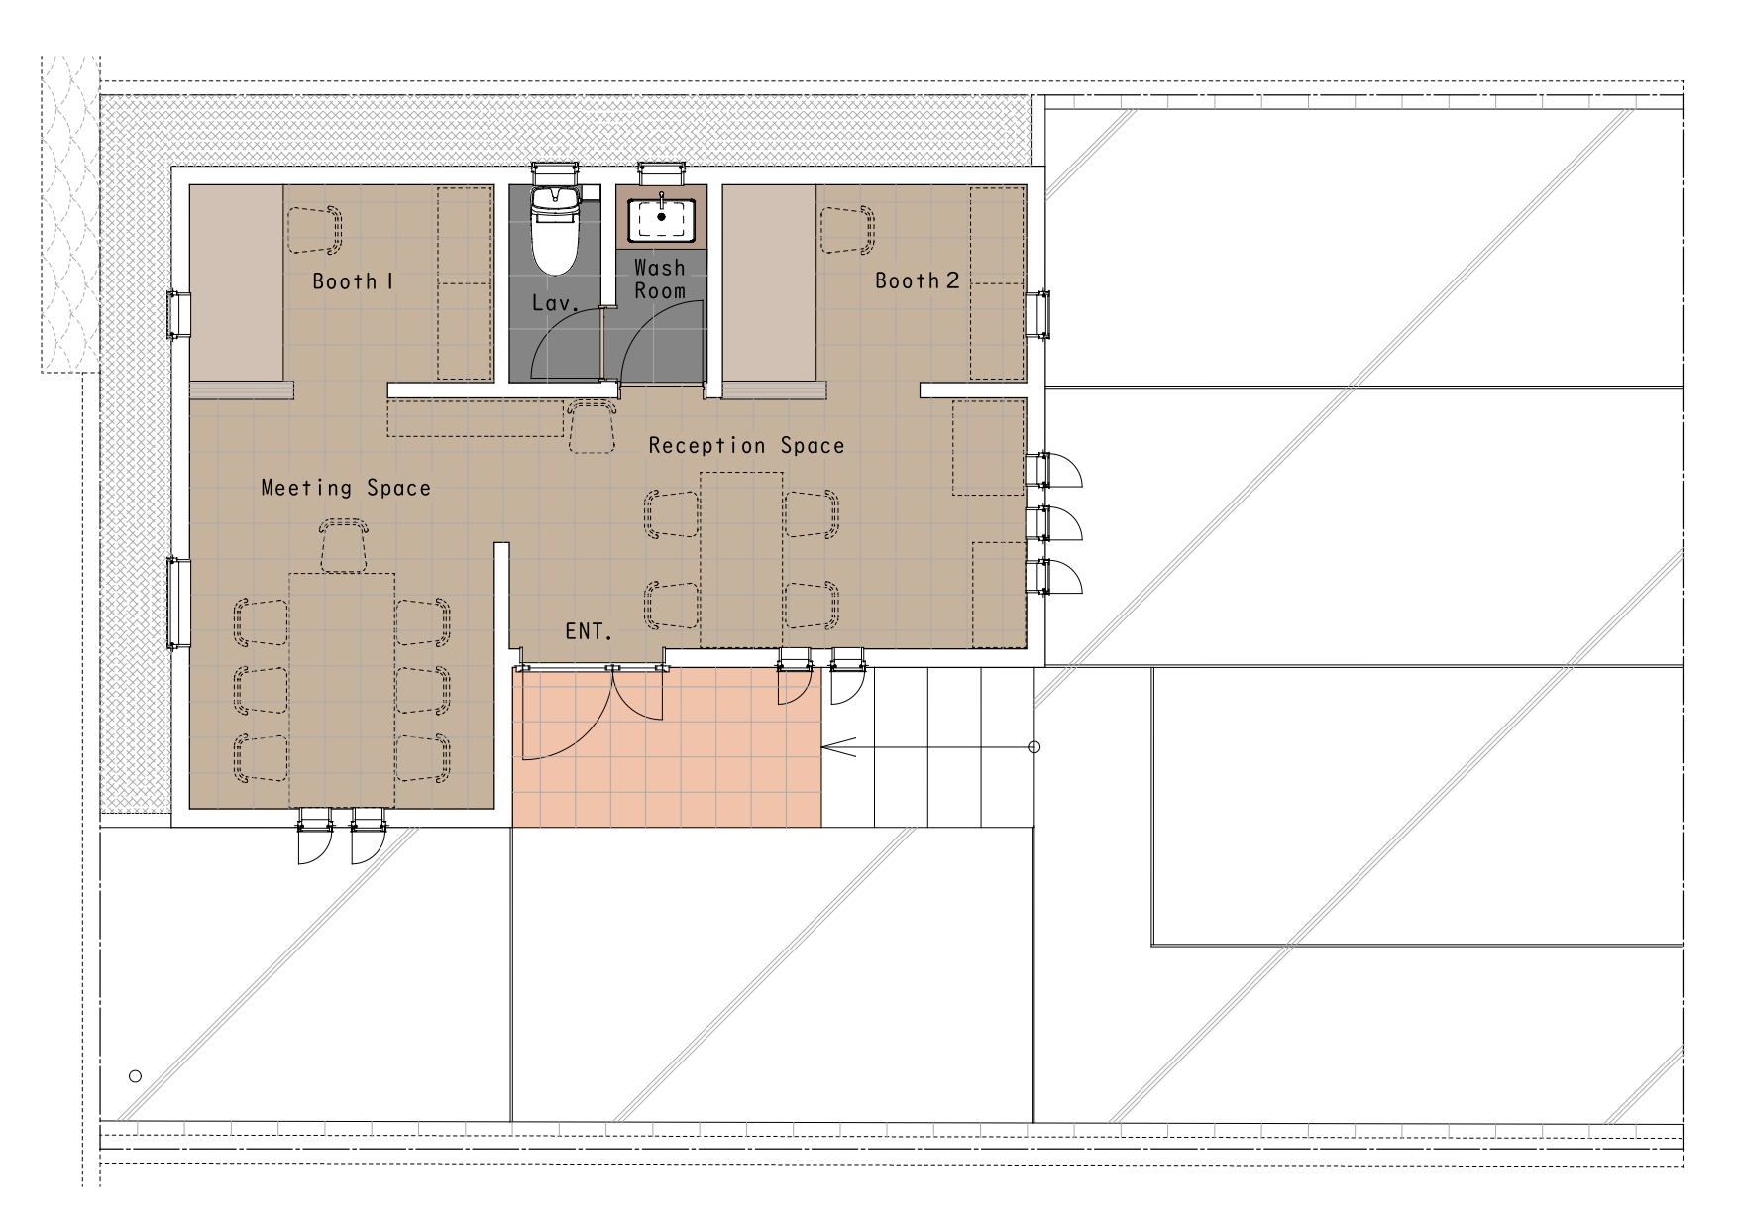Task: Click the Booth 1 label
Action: [354, 281]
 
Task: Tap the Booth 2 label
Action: [917, 280]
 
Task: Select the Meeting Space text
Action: [346, 488]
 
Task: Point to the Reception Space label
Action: [746, 446]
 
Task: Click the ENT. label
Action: [590, 631]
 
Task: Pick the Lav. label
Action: [554, 303]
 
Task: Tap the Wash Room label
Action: [660, 279]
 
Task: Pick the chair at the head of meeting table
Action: [344, 546]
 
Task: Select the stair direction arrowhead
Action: [838, 747]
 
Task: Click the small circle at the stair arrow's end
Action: [1033, 747]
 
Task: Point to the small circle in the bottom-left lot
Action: [136, 1076]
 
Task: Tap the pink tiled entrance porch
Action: [667, 746]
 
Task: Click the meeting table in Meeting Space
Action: [342, 690]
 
